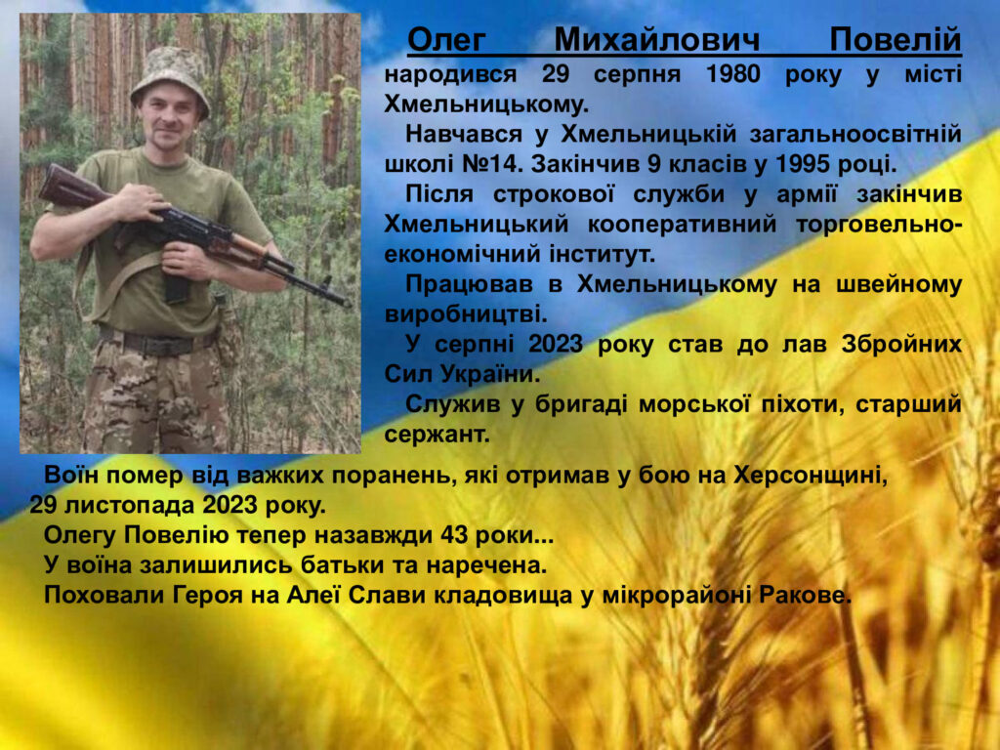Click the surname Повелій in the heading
896,40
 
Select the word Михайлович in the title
657,40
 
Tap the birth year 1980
732,74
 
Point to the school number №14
491,164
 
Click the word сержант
437,435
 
